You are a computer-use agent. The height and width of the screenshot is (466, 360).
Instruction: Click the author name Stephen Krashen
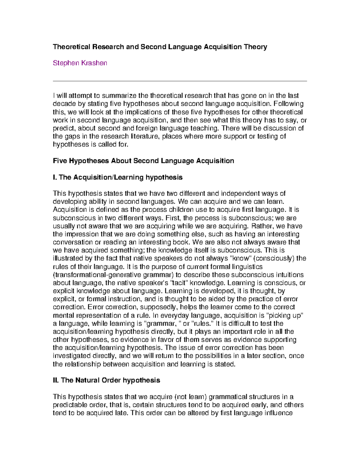80,63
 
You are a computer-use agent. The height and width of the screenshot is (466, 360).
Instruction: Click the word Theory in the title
256,47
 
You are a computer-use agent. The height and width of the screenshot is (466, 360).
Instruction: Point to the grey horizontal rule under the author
180,81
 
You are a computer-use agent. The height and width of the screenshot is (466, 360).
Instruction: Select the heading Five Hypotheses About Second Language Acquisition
143,161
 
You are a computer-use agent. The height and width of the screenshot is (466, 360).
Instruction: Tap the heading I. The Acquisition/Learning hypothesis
118,177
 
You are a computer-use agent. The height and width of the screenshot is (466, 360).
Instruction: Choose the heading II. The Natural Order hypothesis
106,380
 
